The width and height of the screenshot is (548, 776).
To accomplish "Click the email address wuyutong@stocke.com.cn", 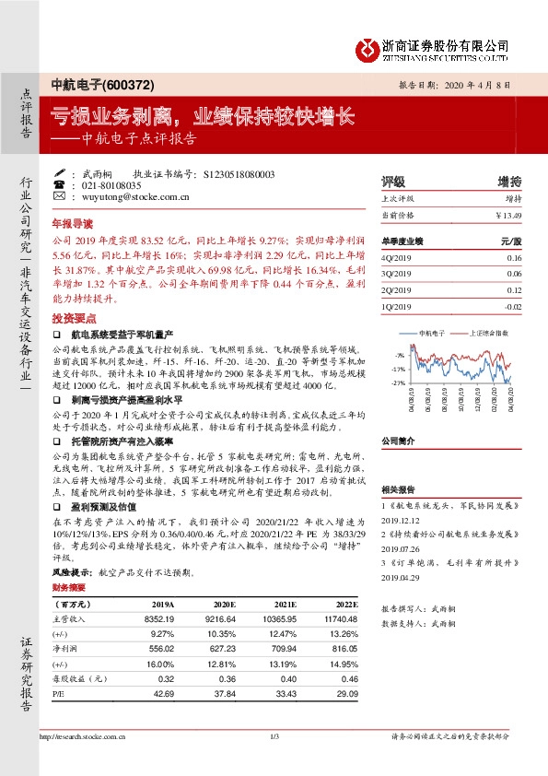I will [x=135, y=196].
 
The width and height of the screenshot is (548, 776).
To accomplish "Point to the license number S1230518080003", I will [x=233, y=174].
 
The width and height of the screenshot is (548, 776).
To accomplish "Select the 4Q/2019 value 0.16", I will [x=514, y=259].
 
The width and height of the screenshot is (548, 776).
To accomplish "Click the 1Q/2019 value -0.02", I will [x=512, y=305].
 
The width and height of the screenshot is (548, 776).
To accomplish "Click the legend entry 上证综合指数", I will [x=486, y=333].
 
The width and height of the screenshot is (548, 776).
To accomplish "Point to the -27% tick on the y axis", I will [x=398, y=382].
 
